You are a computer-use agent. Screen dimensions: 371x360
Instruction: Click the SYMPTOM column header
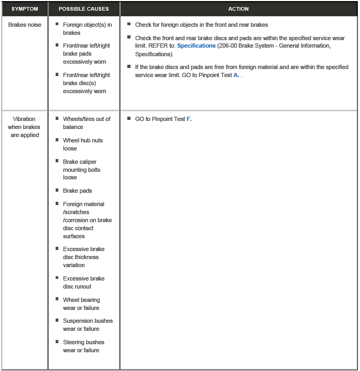[x=25, y=9]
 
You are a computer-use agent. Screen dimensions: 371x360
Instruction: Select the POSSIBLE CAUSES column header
[x=83, y=9]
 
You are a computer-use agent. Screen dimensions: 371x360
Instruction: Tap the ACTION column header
[x=238, y=9]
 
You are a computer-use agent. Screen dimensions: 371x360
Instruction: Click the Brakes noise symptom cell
[x=25, y=25]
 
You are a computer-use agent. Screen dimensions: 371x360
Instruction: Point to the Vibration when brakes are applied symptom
[x=25, y=127]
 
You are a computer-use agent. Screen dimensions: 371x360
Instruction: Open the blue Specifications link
[x=196, y=46]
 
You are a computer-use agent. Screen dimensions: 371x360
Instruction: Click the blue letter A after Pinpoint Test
[x=236, y=75]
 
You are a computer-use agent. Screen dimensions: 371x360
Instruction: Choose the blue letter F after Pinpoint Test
[x=188, y=119]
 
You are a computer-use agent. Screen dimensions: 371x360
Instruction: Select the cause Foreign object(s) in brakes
[x=87, y=29]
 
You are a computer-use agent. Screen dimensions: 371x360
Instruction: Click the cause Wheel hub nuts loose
[x=82, y=144]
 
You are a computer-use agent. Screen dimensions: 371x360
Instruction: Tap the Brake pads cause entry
[x=78, y=191]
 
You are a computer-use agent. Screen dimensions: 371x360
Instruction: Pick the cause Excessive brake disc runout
[x=83, y=282]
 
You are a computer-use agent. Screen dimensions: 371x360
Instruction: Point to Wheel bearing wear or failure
[x=81, y=304]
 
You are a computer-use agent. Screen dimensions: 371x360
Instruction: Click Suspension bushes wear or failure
[x=88, y=324]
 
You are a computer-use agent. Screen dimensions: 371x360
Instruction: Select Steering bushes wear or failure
[x=83, y=346]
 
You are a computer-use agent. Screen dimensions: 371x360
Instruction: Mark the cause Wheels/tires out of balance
[x=87, y=123]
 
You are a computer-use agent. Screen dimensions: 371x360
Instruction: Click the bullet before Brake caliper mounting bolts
[x=57, y=161]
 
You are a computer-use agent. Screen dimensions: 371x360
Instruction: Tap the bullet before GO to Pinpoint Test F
[x=129, y=118]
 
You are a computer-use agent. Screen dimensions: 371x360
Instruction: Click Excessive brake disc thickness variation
[x=83, y=257]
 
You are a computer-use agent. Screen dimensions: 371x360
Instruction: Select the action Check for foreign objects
[x=201, y=25]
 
